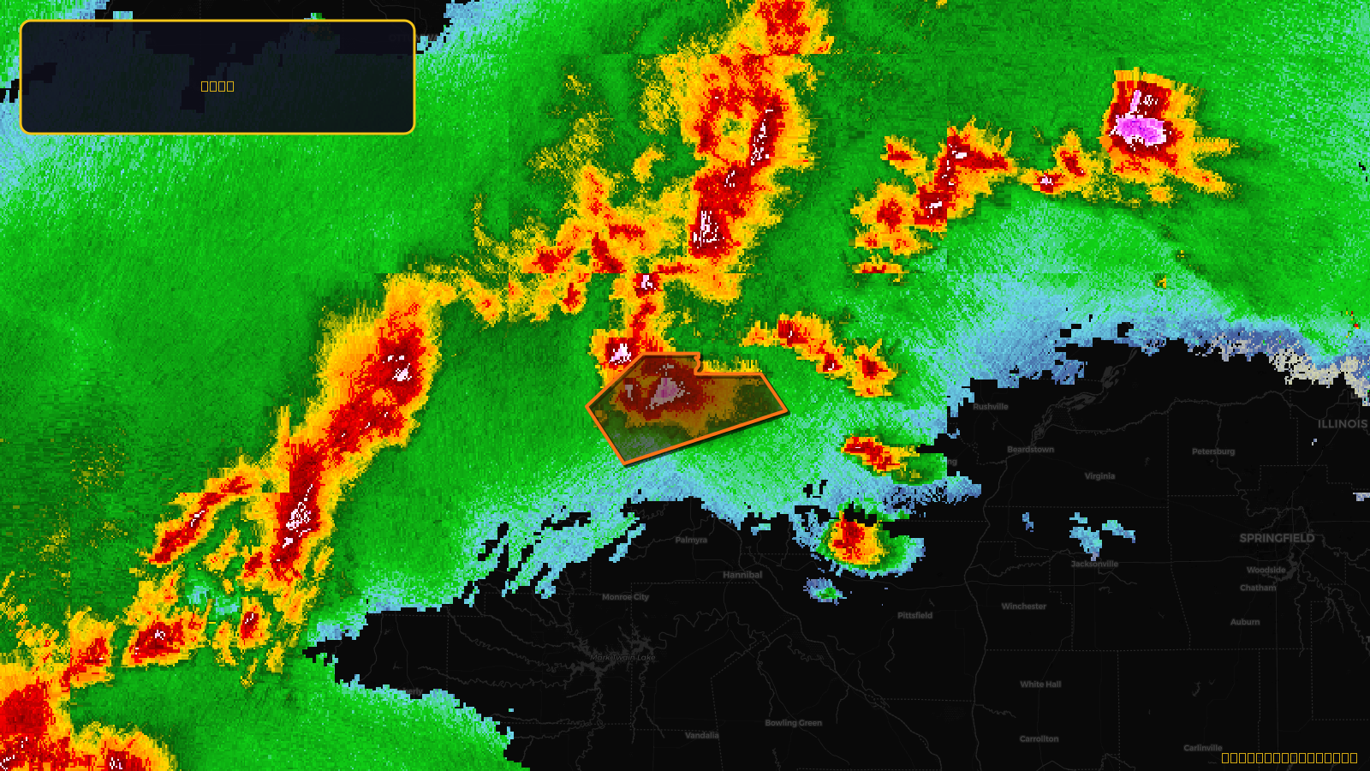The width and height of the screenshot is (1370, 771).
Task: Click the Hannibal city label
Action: (x=742, y=575)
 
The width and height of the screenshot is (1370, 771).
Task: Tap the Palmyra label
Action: (x=691, y=540)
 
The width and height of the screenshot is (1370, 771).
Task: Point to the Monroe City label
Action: (x=625, y=597)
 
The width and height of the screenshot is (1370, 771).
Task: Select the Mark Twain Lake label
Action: (x=622, y=658)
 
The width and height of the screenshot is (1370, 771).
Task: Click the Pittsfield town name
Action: (x=914, y=615)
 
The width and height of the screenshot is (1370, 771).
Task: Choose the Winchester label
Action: (x=1023, y=607)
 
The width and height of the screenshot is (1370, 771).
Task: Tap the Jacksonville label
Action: (x=1094, y=564)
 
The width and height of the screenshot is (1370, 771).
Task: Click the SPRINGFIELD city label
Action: (x=1277, y=538)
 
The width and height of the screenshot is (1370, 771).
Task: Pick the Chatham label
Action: (x=1258, y=588)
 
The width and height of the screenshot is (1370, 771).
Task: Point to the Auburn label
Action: (x=1245, y=622)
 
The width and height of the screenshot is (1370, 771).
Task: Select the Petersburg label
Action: (x=1213, y=451)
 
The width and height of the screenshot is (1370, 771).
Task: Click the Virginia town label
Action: (x=1099, y=476)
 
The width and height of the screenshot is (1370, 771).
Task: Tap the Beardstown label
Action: (x=1030, y=450)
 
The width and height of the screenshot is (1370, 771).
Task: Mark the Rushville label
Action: (x=991, y=407)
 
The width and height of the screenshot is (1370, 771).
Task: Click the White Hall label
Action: (x=1040, y=684)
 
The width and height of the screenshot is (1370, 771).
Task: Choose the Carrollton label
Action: (x=1039, y=738)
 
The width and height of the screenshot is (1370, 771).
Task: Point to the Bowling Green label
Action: (x=793, y=723)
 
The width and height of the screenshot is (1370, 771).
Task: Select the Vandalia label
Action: (x=702, y=735)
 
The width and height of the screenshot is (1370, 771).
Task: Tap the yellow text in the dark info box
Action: (x=217, y=86)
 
